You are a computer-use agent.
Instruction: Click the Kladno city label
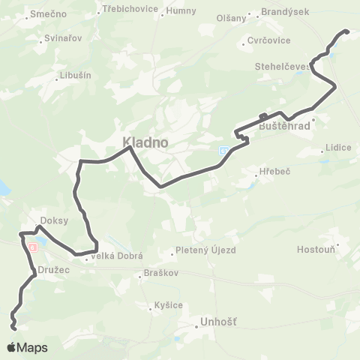(146, 141)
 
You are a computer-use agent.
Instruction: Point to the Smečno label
(49, 14)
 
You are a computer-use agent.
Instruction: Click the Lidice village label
(338, 148)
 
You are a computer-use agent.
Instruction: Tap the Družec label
(52, 268)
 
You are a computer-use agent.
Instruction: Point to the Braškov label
(160, 274)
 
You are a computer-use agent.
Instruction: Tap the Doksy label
(55, 220)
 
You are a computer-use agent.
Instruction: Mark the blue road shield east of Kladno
(224, 150)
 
